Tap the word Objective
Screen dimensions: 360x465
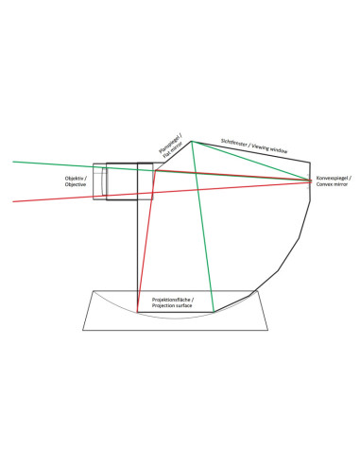tap(76, 184)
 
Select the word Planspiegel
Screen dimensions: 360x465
tap(170, 144)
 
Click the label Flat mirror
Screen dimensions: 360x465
tap(173, 149)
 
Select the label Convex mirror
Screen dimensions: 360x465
tap(332, 184)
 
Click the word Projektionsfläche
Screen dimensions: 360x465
tap(170, 300)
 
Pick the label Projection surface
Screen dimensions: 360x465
tap(172, 305)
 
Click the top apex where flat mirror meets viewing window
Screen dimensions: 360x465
tap(191, 141)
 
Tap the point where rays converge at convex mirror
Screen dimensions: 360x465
tap(311, 181)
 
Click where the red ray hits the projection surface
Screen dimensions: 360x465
tap(137, 312)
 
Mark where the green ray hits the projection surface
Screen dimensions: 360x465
tap(214, 312)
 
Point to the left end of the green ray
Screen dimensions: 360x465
tap(13, 162)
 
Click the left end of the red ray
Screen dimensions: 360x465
tap(13, 201)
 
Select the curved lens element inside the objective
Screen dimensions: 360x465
tap(103, 181)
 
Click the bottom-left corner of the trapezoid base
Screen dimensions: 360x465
tap(82, 330)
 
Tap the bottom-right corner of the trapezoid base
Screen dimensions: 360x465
tap(268, 330)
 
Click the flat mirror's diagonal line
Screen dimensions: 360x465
tap(178, 152)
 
